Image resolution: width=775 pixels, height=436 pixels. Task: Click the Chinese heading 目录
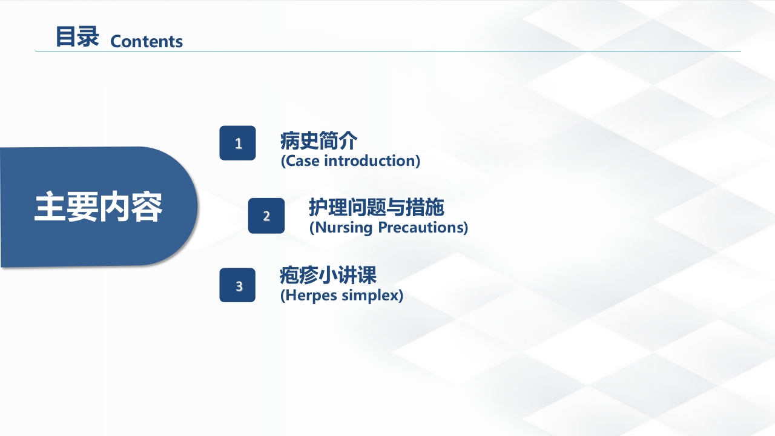[x=77, y=36]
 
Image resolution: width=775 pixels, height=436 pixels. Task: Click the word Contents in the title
[x=147, y=42]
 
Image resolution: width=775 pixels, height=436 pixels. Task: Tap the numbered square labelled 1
[x=238, y=143]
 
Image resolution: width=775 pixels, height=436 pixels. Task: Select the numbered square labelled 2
[x=266, y=216]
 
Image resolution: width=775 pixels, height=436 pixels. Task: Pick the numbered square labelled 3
[x=237, y=285]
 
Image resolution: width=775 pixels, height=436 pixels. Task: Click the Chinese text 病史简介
[x=318, y=140]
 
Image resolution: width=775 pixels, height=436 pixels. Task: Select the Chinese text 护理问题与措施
[x=377, y=207]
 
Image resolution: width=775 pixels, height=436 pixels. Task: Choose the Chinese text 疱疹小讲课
[x=328, y=275]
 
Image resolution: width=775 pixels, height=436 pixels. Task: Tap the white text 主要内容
[x=98, y=206]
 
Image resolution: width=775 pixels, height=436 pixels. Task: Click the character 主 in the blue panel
[x=50, y=206]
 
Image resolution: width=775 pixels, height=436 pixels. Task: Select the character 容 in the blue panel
[x=147, y=206]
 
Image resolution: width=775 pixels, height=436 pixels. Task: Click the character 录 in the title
[x=88, y=36]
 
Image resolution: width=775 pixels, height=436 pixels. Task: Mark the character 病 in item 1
[x=289, y=140]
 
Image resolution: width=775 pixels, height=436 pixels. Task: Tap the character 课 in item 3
[x=367, y=275]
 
